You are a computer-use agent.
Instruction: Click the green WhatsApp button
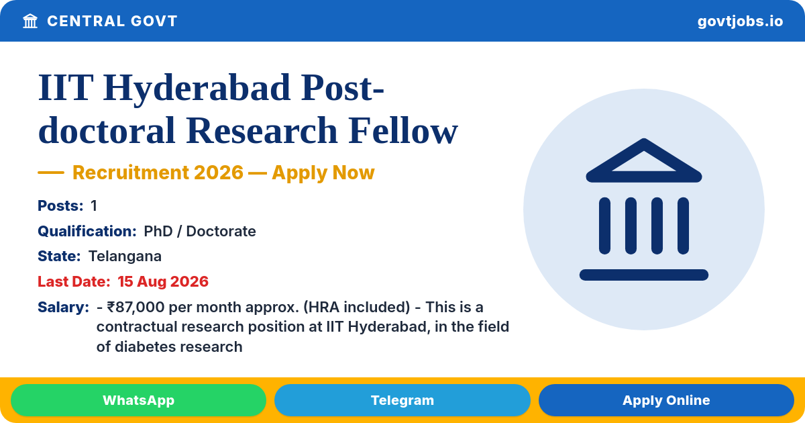138,400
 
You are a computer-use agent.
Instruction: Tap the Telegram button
402,400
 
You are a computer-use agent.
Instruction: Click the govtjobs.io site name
740,21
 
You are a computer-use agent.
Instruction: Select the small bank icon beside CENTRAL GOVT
30,21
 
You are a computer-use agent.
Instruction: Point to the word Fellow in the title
403,130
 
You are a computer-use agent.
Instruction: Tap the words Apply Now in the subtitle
323,173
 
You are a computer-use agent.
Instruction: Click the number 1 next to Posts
94,205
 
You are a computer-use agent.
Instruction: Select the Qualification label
87,231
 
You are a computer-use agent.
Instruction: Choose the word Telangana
125,256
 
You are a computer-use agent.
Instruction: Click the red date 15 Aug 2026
163,281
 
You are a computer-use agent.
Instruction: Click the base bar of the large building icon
643,275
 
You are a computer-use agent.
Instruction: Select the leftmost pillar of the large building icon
604,226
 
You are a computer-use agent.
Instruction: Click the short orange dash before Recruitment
51,173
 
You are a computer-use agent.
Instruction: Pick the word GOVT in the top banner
154,21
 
